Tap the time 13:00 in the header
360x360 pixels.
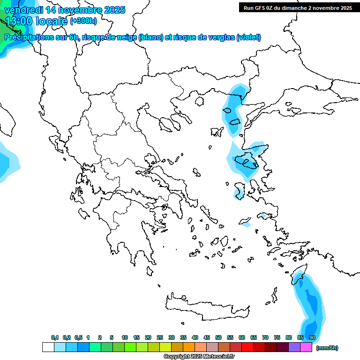[19, 21]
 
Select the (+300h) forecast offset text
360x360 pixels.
[83, 21]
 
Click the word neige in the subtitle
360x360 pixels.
[127, 37]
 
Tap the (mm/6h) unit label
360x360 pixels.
[327, 348]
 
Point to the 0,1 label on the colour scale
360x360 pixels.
[54, 337]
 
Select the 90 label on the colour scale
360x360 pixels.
[312, 337]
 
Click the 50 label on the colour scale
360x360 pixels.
[218, 337]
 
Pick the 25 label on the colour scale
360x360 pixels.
[160, 337]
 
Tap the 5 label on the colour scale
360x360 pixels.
[112, 337]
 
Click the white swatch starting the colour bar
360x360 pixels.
[48, 347]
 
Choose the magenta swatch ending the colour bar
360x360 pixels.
[306, 347]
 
